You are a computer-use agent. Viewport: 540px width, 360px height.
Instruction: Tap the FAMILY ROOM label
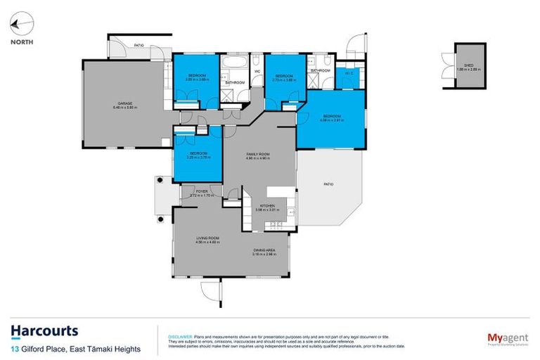[258, 153]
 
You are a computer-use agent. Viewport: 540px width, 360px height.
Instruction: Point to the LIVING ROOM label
[208, 239]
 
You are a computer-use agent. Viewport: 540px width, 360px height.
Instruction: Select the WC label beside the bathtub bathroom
[257, 71]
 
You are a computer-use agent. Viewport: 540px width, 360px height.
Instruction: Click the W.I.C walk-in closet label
[348, 72]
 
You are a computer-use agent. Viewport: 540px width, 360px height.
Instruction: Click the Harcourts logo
[44, 331]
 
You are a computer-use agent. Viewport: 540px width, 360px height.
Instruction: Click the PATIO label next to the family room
[328, 184]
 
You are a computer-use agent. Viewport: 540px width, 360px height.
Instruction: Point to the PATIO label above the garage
[139, 45]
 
